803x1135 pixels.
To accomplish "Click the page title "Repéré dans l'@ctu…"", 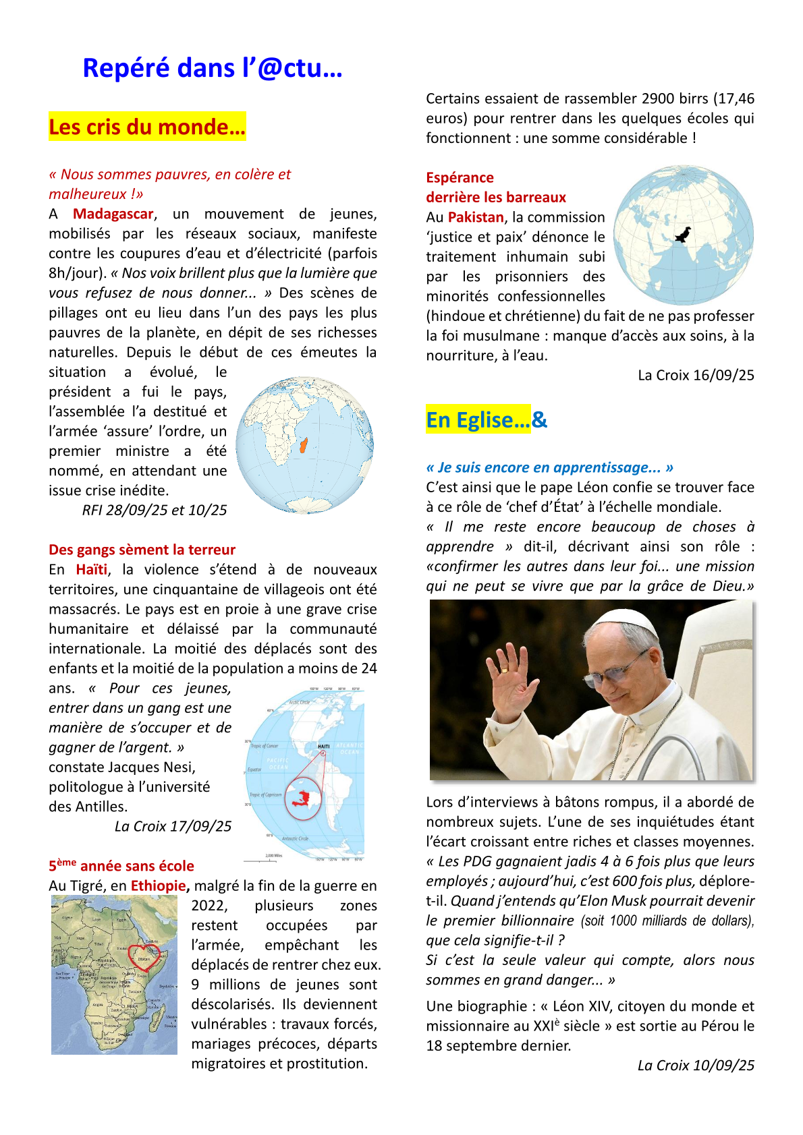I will [212, 68].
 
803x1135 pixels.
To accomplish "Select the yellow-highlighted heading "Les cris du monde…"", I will [147, 127].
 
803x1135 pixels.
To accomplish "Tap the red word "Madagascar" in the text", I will [113, 214].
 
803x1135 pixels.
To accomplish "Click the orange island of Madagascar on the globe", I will [304, 446].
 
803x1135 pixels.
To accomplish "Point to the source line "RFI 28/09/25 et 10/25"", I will [154, 510].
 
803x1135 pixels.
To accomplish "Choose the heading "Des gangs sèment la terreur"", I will [142, 550].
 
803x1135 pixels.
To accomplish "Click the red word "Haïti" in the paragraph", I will [92, 569].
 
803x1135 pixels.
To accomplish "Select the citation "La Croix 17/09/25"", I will [173, 826].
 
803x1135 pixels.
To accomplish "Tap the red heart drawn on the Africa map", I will [144, 956].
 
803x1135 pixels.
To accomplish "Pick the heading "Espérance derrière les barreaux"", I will [496, 187].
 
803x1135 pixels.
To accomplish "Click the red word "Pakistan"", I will [476, 217].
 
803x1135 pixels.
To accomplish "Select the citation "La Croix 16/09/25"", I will [696, 375].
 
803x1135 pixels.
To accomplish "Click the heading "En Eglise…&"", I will [486, 420].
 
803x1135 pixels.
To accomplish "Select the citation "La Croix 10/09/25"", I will [696, 1065].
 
